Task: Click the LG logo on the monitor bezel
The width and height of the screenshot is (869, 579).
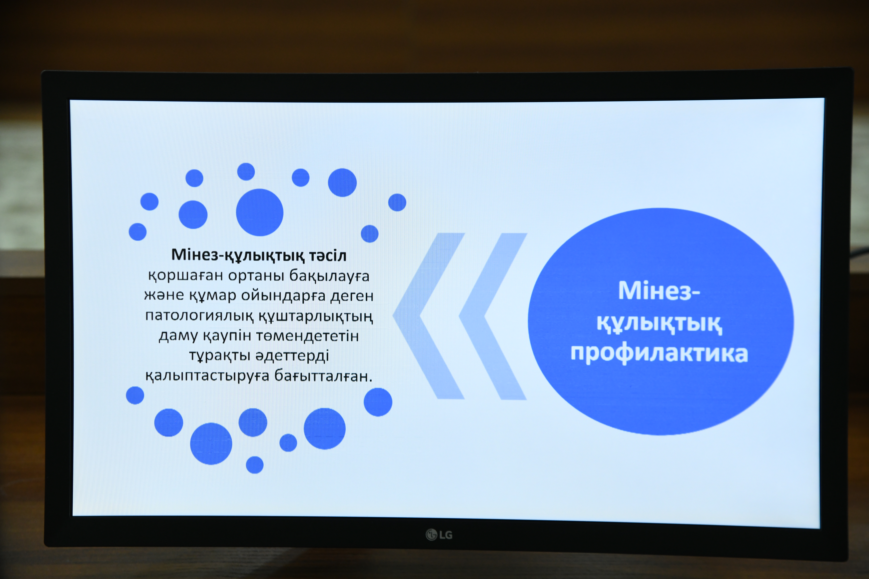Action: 439,534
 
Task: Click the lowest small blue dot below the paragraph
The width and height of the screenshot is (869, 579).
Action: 255,465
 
